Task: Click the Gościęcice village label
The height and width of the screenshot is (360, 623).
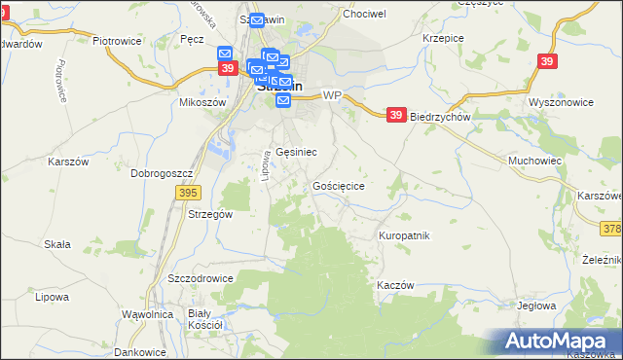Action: point(339,185)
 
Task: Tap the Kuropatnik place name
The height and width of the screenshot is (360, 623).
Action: point(404,235)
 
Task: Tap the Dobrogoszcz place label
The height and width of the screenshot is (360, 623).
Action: point(164,173)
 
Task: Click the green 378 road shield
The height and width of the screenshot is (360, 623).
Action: point(611,228)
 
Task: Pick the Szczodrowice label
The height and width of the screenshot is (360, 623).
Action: point(201,277)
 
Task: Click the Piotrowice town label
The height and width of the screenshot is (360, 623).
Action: point(117,42)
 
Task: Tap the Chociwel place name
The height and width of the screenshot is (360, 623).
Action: point(363,15)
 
